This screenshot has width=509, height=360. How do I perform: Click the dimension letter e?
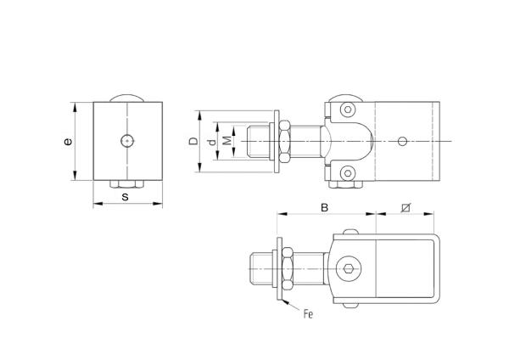point(68,142)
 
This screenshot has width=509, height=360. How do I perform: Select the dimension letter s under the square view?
point(126,196)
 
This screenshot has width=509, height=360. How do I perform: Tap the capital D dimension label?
point(193,142)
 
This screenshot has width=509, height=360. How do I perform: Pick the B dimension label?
point(323,206)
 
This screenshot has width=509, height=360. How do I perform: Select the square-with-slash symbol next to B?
point(406,206)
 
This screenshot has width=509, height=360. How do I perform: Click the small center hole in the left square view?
point(126,140)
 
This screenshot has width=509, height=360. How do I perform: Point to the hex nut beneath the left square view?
point(126,183)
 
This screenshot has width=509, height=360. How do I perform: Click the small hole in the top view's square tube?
point(406,140)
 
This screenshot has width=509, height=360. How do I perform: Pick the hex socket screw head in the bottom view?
point(350,270)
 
